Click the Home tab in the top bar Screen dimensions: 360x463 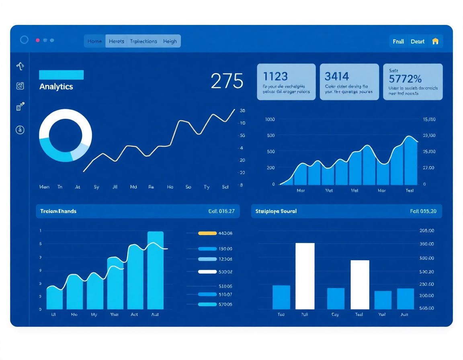tap(94, 41)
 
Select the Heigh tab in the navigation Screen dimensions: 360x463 tap(170, 41)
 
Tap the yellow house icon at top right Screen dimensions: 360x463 tap(435, 41)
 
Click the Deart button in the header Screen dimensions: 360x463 tap(418, 41)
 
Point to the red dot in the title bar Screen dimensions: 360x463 tap(38, 40)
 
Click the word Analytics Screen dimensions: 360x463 tap(56, 86)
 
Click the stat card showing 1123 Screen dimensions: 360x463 tap(286, 82)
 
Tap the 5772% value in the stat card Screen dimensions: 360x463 tap(405, 78)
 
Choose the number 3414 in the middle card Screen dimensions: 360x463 tap(337, 76)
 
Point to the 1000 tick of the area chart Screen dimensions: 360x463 tap(270, 119)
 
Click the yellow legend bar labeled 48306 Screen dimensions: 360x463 tap(207, 233)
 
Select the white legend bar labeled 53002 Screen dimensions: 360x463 tap(207, 272)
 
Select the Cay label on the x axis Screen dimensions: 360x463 tap(335, 315)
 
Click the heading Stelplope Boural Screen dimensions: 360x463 tap(277, 211)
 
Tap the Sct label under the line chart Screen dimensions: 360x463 tap(225, 187)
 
